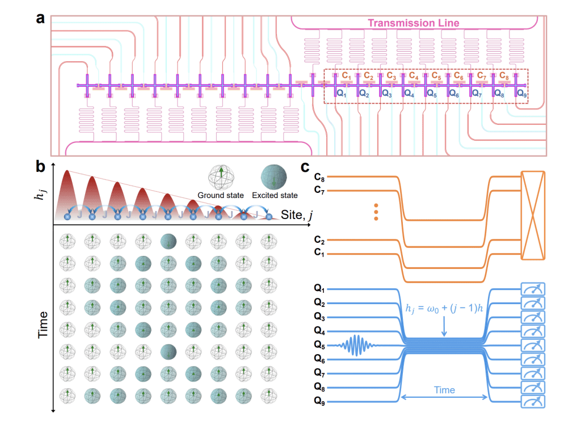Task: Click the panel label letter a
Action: pos(40,18)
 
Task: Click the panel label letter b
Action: pos(40,167)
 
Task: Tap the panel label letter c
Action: pos(305,167)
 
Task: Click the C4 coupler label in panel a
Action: pos(413,75)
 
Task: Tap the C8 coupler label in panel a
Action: pos(502,75)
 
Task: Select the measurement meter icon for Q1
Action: pos(532,289)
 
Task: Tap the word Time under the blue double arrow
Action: pos(444,390)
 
